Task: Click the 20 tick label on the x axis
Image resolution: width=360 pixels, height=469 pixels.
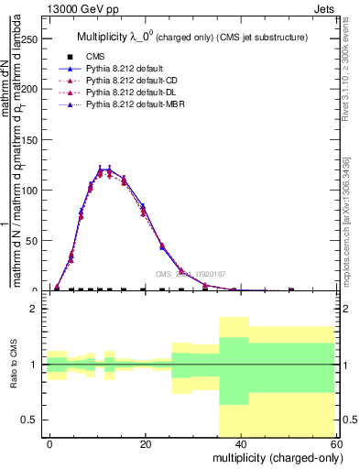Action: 146,444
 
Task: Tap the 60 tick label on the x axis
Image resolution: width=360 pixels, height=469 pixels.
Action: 335,444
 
